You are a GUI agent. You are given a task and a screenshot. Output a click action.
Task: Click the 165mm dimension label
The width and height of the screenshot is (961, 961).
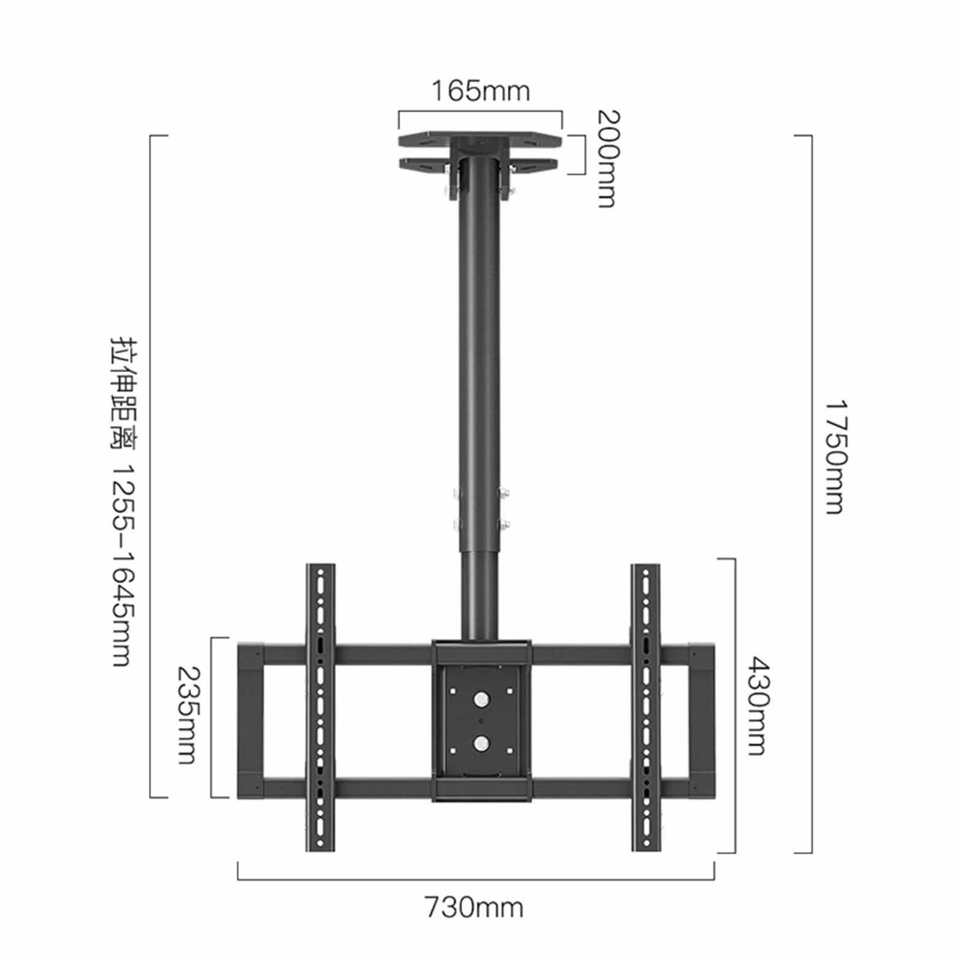point(480,91)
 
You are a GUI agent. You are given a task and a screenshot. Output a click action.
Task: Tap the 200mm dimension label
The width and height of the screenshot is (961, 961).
point(608,159)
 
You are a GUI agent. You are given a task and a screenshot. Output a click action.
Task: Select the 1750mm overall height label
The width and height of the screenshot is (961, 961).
point(835,457)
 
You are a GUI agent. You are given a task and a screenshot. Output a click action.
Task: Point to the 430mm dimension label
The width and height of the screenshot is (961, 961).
point(758,706)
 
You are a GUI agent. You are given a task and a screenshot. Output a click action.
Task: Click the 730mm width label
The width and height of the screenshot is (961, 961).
point(474,908)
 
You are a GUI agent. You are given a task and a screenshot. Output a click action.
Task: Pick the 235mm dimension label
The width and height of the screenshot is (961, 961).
point(187,715)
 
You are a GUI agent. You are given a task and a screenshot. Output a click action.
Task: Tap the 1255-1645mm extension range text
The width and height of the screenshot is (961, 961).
point(123,564)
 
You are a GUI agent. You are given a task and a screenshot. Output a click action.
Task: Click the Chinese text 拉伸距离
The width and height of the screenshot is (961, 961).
point(123,393)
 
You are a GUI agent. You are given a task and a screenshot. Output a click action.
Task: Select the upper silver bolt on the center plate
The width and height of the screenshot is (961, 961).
point(481,699)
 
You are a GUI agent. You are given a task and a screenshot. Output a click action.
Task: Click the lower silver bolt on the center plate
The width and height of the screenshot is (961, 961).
point(481,743)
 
